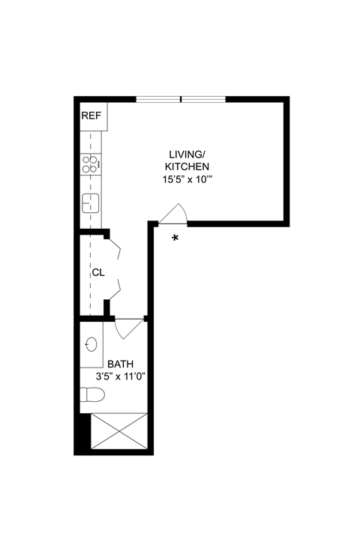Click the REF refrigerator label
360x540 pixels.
point(91,115)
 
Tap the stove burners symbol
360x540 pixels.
point(91,163)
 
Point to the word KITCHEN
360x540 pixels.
point(188,166)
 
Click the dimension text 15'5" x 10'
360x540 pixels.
point(188,180)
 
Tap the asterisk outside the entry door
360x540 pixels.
point(175,238)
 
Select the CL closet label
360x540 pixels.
point(97,272)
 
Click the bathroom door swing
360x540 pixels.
point(129,328)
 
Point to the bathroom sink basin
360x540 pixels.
point(91,344)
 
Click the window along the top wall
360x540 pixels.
point(181,99)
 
